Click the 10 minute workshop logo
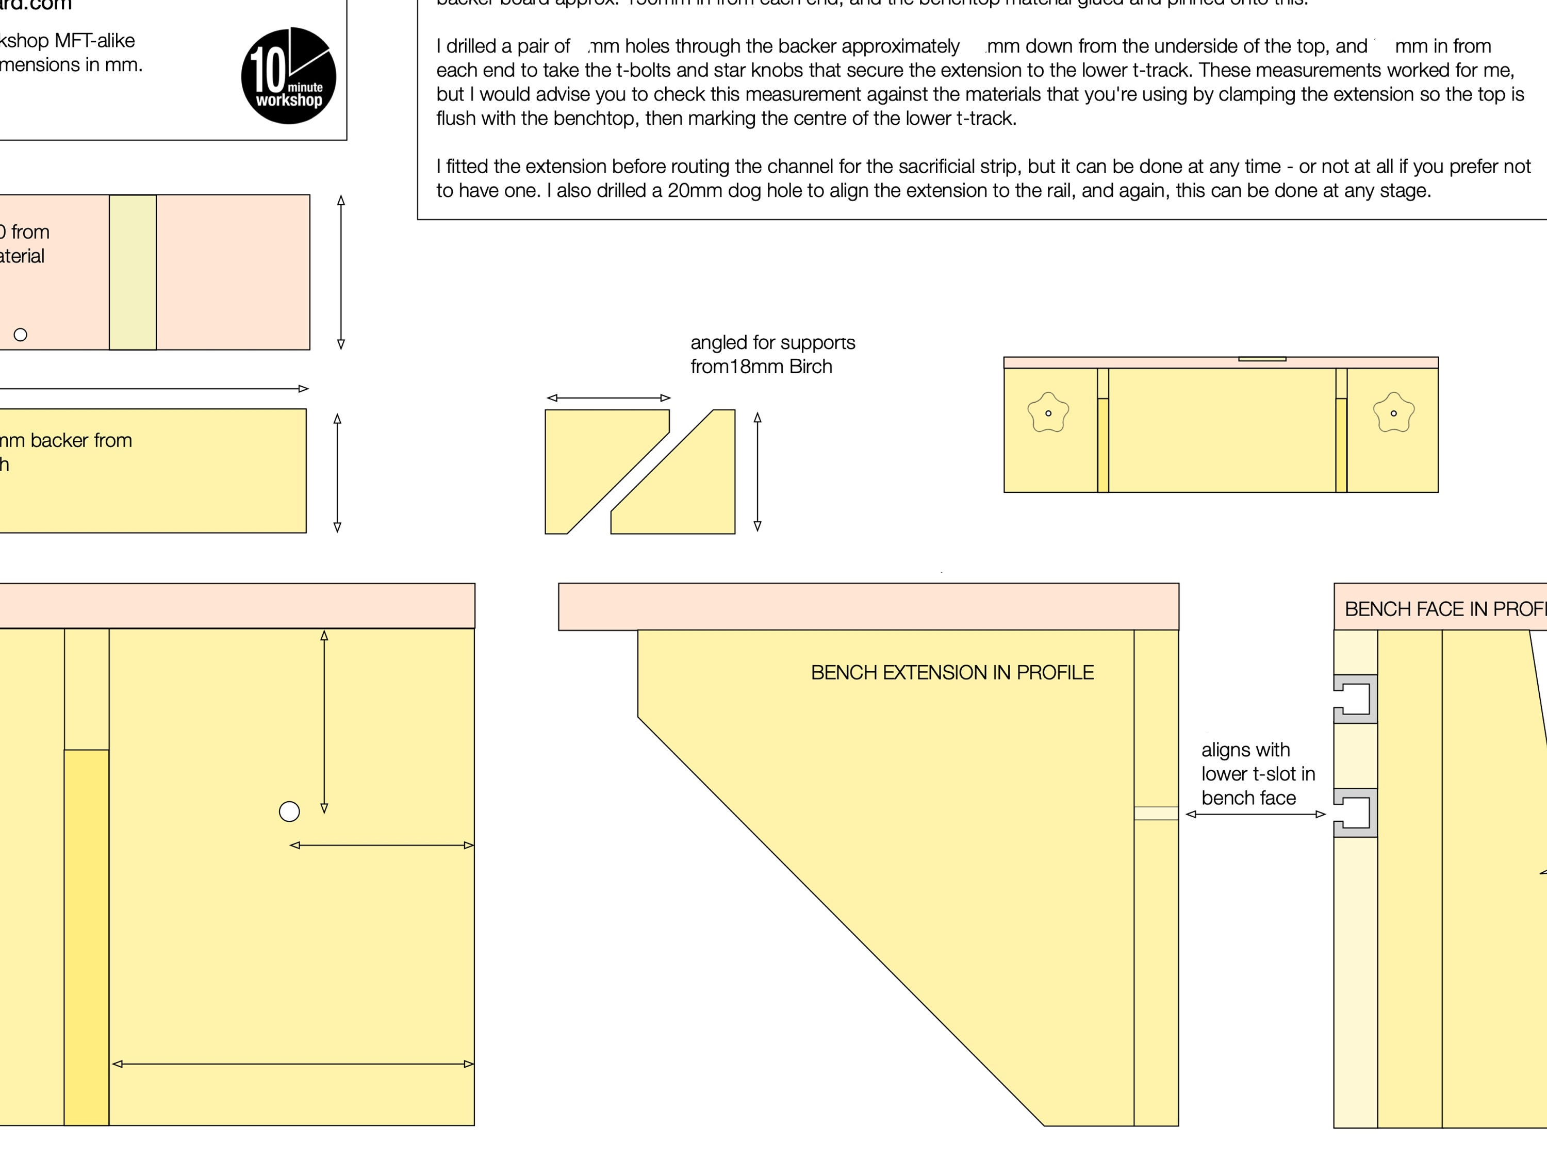coord(288,75)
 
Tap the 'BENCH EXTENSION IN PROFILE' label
coord(952,673)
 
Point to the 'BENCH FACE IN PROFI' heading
coord(1445,609)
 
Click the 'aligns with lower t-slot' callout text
coord(1258,773)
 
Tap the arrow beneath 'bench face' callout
coord(1255,814)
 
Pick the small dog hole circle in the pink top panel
coord(20,335)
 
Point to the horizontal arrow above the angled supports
coord(608,398)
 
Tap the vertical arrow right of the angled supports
coord(758,472)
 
